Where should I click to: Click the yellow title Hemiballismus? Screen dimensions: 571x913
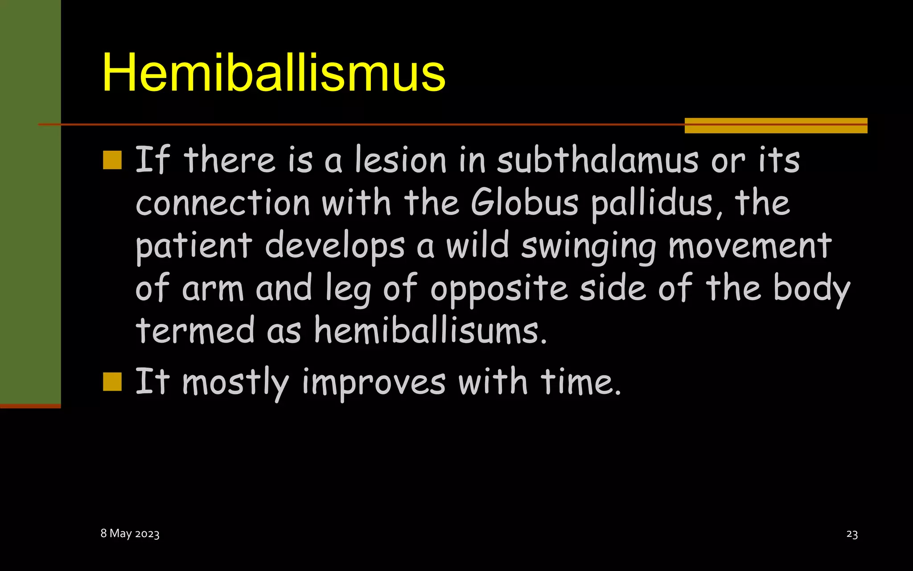point(273,72)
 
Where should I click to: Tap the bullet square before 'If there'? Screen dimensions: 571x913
point(112,160)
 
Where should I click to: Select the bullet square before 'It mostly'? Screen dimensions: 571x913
point(112,381)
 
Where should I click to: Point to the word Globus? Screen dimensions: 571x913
point(524,203)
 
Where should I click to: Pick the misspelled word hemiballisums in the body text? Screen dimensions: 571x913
point(430,331)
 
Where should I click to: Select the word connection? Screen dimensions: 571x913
point(222,203)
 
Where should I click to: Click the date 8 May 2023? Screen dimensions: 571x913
point(130,534)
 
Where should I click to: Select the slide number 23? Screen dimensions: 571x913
point(851,534)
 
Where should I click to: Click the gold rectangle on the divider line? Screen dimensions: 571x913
point(776,125)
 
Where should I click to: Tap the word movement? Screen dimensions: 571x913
point(750,246)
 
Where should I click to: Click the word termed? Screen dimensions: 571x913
point(195,331)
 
